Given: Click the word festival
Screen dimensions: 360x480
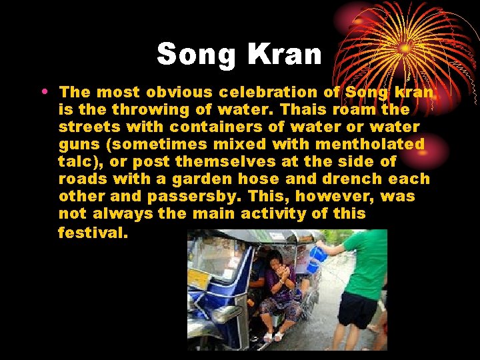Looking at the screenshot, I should pos(93,233).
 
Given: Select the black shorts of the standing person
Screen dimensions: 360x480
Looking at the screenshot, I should pos(357,311).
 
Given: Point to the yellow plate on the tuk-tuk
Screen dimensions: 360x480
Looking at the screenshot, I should pos(198,279).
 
